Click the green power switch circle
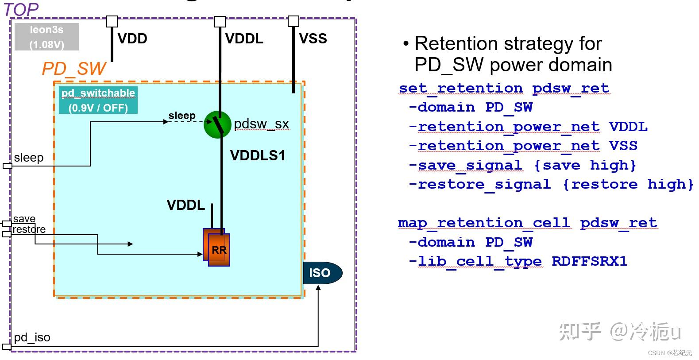click(217, 124)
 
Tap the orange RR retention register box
click(216, 247)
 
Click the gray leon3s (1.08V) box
click(47, 37)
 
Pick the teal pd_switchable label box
click(98, 100)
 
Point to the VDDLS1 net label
click(258, 155)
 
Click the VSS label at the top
click(313, 39)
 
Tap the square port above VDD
click(112, 22)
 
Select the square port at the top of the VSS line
click(294, 21)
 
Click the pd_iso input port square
click(7, 347)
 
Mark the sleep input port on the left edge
click(8, 166)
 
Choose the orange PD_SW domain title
click(74, 69)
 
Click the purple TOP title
click(21, 9)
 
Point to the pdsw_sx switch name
click(262, 124)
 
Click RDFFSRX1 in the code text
click(590, 261)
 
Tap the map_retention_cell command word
click(484, 223)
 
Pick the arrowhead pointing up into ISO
click(318, 287)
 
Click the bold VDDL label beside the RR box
click(186, 205)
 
